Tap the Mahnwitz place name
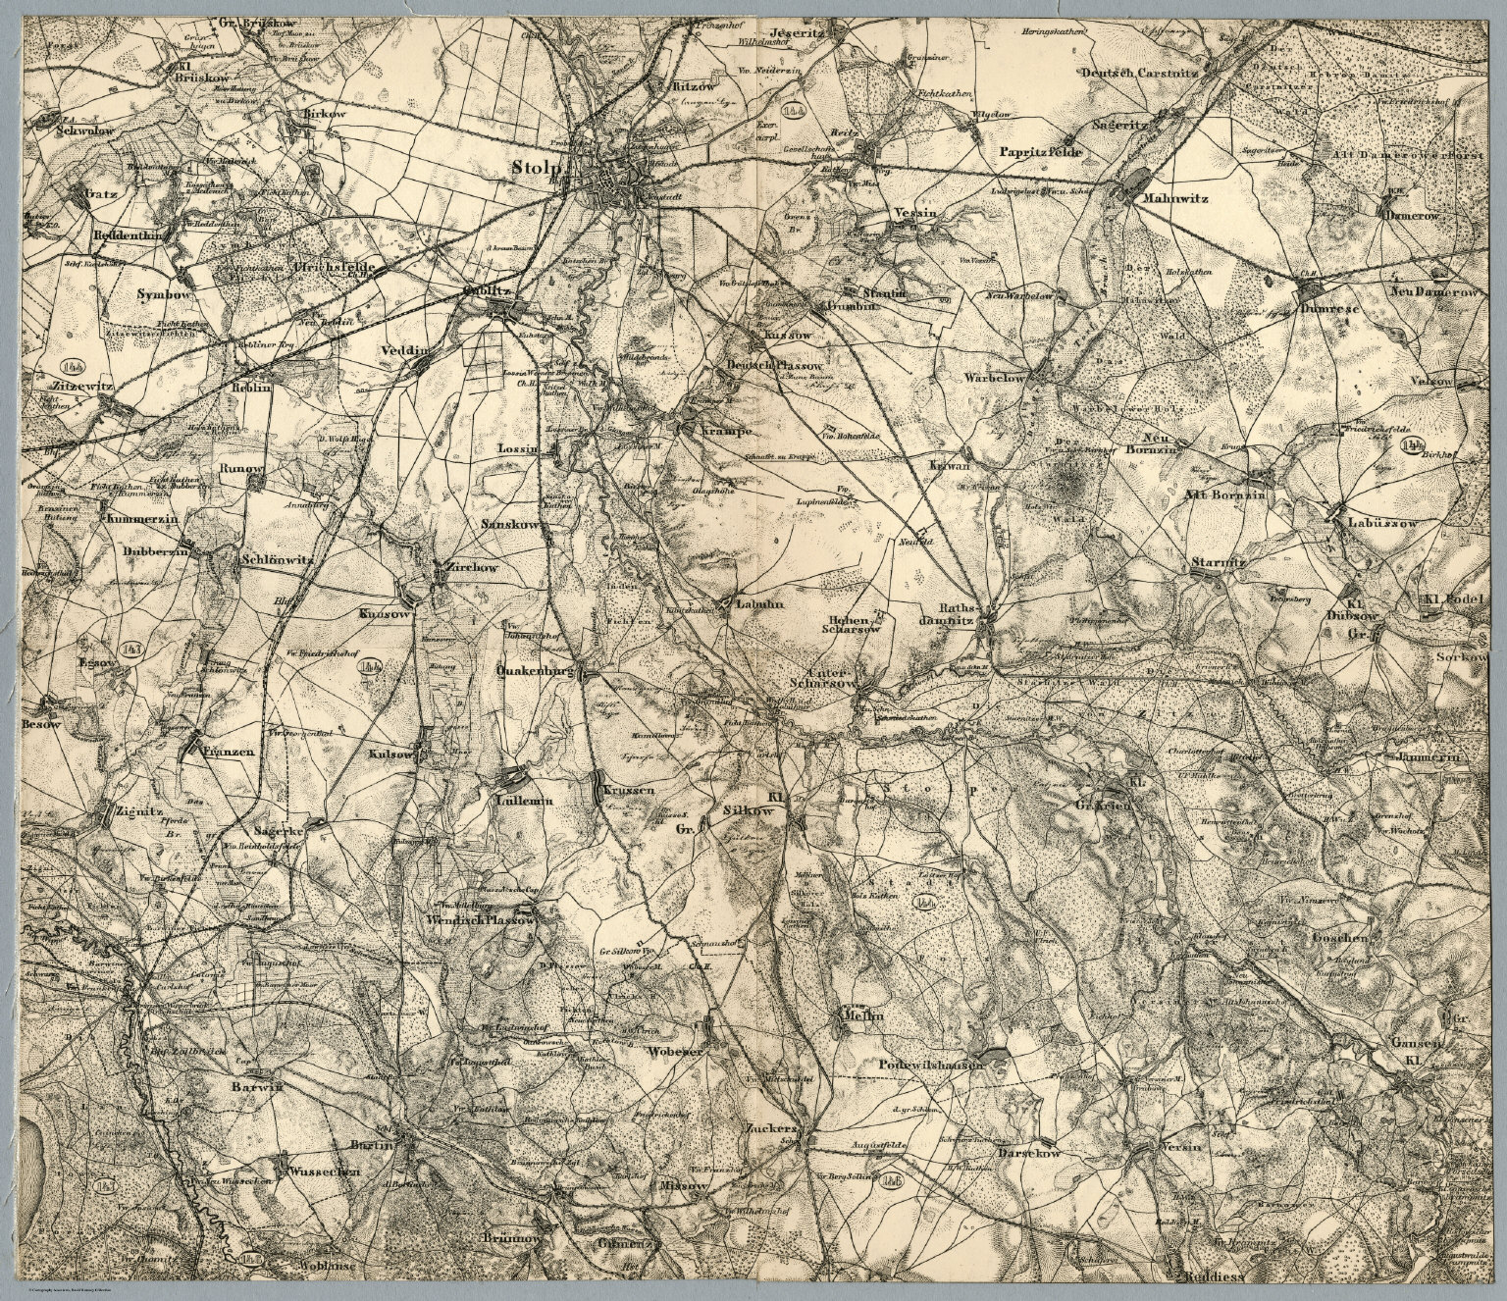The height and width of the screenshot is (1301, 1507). click(x=1174, y=197)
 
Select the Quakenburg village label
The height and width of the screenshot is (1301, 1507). click(x=534, y=672)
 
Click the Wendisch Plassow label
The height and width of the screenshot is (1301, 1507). click(x=479, y=921)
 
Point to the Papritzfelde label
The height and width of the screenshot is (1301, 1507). click(x=1040, y=152)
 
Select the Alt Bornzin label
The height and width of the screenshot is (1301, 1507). click(x=1230, y=495)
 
